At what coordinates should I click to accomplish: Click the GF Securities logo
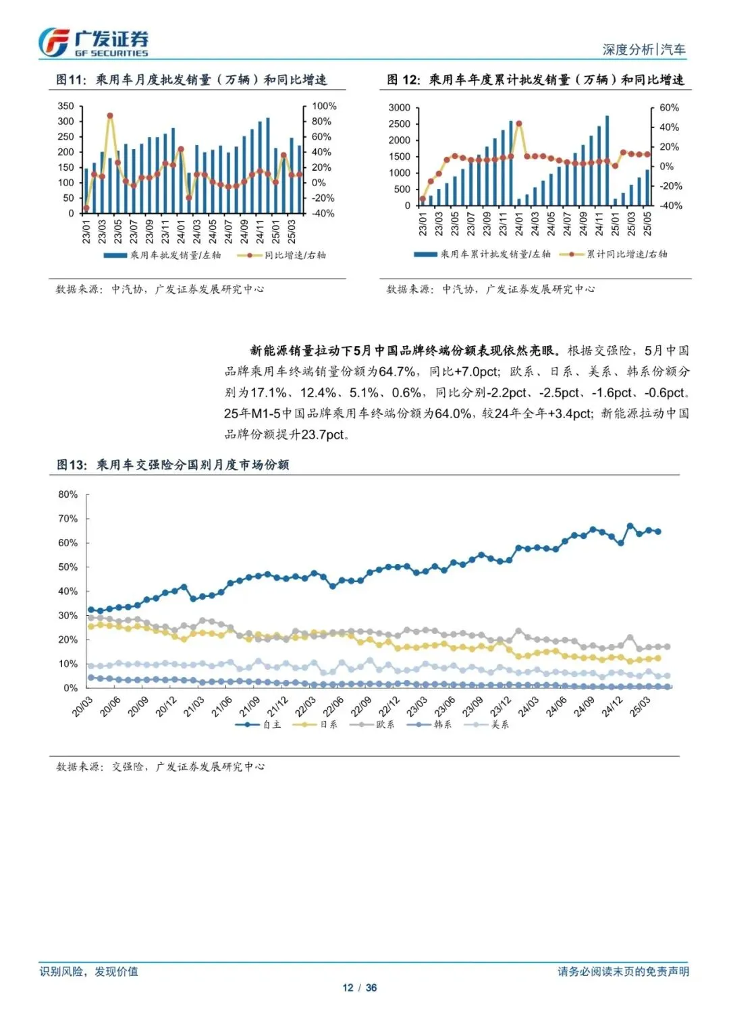click(93, 42)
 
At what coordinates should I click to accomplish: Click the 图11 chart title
click(191, 80)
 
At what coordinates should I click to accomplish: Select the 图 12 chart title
click(535, 80)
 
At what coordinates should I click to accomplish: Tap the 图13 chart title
click(173, 465)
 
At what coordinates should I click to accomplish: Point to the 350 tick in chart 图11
click(65, 106)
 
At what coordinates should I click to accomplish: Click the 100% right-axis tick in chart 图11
click(324, 106)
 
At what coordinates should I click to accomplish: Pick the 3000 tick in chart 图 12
click(399, 107)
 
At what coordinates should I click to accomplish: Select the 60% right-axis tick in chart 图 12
click(669, 107)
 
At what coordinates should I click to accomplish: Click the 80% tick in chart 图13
click(67, 494)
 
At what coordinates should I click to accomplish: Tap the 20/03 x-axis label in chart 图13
click(82, 706)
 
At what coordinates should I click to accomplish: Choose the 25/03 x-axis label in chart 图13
click(640, 706)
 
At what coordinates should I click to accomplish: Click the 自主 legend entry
click(259, 724)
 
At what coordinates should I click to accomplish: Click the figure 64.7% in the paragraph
click(397, 372)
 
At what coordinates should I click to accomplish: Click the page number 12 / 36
click(359, 988)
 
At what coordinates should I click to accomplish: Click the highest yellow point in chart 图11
click(110, 116)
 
